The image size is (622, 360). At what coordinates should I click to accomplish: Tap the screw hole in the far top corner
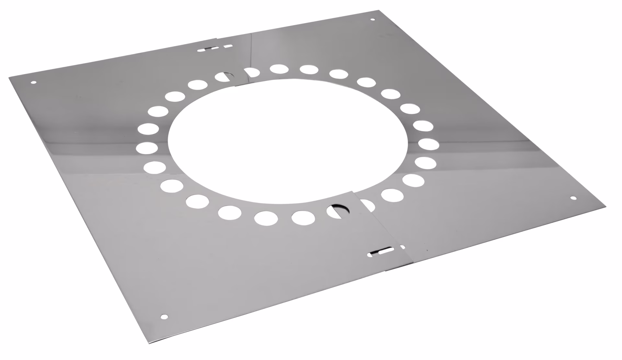coord(372,20)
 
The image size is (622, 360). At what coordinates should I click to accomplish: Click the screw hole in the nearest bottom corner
coord(165,316)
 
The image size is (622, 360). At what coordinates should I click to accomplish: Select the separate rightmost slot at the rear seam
coord(228,46)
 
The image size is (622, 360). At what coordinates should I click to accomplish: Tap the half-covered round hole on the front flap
coord(338,211)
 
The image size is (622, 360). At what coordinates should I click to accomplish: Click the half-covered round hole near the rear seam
coord(224,77)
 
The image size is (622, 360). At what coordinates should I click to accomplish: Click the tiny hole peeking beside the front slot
coord(403,247)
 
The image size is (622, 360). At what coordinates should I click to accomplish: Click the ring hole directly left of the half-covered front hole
coord(303,217)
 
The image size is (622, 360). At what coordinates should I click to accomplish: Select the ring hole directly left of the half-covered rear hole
coord(198,85)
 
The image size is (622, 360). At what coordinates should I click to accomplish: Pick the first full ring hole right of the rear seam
coord(279,69)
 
